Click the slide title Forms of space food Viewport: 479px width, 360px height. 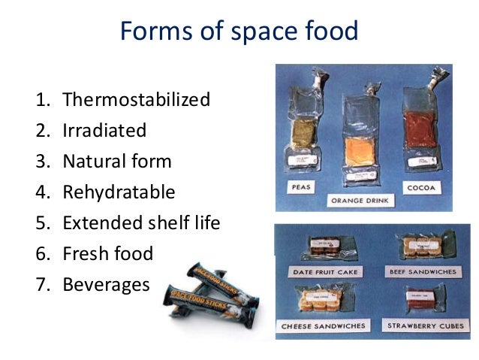click(x=239, y=32)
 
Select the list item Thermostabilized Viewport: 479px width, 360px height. click(x=136, y=100)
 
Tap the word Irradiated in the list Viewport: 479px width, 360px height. click(x=104, y=131)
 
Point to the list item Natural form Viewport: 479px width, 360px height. click(x=117, y=162)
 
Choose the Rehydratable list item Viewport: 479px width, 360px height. click(x=119, y=192)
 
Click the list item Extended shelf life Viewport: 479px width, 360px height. click(x=141, y=223)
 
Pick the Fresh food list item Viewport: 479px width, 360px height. click(x=107, y=254)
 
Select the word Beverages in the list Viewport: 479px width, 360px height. click(x=107, y=285)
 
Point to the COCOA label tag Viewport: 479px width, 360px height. click(x=423, y=186)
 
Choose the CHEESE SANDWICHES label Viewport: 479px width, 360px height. click(x=324, y=325)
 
